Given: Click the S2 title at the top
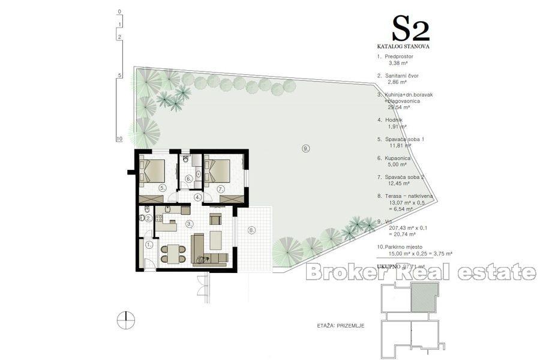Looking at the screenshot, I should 410,29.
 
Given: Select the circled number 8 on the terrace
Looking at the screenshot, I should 251,229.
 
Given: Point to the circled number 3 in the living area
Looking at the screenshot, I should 189,224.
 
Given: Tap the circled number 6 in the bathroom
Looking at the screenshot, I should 188,178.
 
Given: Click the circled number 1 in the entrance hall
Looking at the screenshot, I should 149,245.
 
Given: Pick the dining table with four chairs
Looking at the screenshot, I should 172,253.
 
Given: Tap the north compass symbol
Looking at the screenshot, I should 126,319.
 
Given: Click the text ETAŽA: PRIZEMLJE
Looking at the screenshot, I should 340,326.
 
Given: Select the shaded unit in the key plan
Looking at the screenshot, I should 424,297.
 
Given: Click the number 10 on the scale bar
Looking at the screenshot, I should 119,139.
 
